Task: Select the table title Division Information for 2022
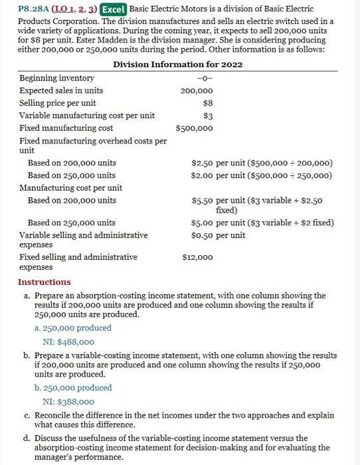177,64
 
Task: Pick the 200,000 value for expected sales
197,90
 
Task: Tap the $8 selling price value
207,103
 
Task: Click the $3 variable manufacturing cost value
207,116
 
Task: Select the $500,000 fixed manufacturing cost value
194,128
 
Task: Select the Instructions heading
44,282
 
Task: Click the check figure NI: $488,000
68,341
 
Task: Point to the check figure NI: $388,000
68,401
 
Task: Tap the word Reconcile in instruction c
54,415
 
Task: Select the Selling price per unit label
57,103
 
